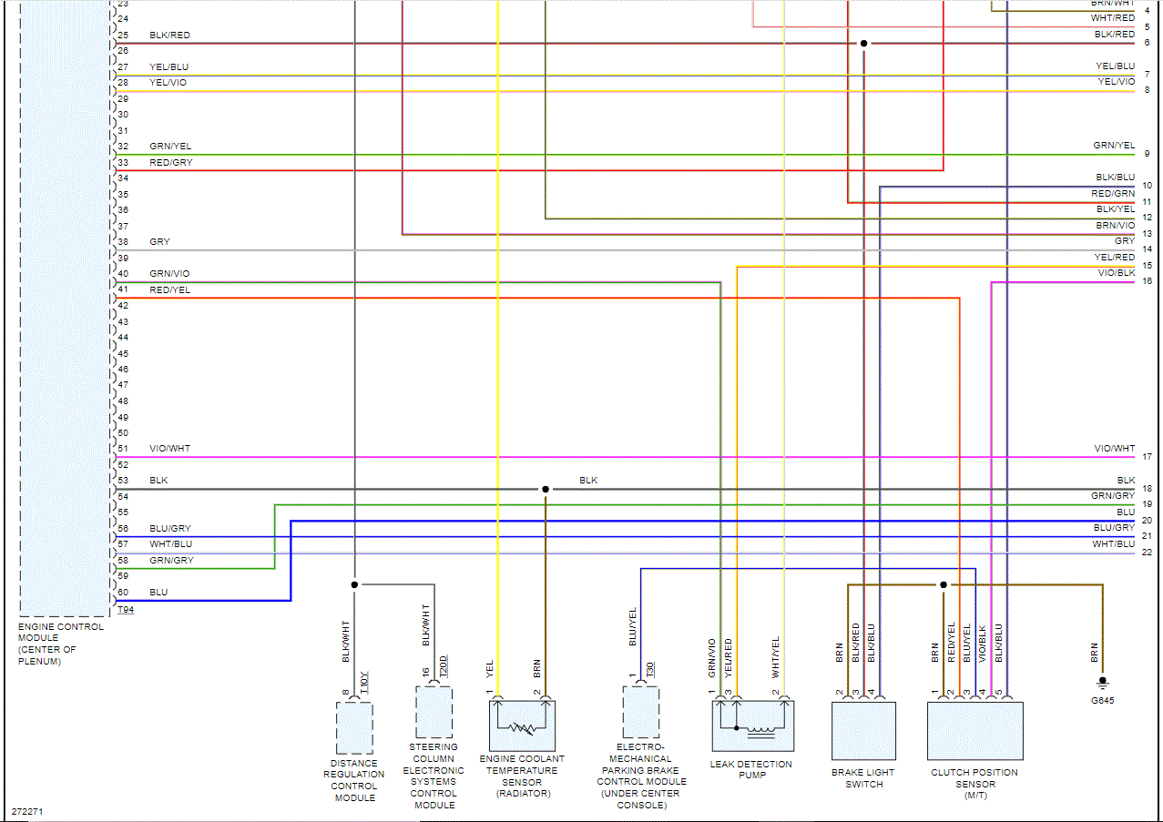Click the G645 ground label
click(1102, 701)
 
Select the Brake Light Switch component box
click(863, 730)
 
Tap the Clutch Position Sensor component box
click(974, 730)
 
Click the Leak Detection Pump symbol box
click(752, 726)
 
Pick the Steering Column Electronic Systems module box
click(434, 712)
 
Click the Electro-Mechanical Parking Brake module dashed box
click(641, 712)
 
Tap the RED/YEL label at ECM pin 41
click(170, 290)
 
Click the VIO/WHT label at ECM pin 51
click(170, 449)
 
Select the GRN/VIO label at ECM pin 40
click(170, 274)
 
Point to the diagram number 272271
click(27, 810)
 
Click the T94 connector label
click(126, 610)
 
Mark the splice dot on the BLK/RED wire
click(863, 44)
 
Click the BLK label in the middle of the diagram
click(589, 481)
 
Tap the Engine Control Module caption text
click(60, 644)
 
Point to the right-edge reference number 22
click(1147, 553)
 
